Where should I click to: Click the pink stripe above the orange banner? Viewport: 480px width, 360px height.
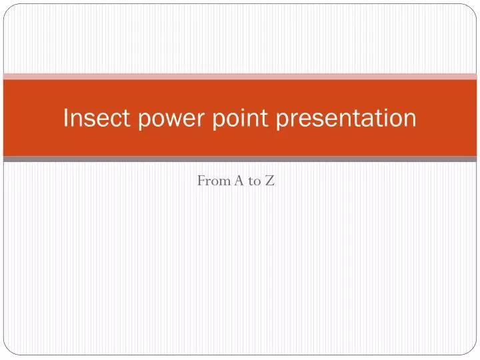pos(240,76)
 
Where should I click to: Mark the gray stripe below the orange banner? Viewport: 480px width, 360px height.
pos(240,159)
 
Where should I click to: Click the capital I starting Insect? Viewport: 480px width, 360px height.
pos(65,118)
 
